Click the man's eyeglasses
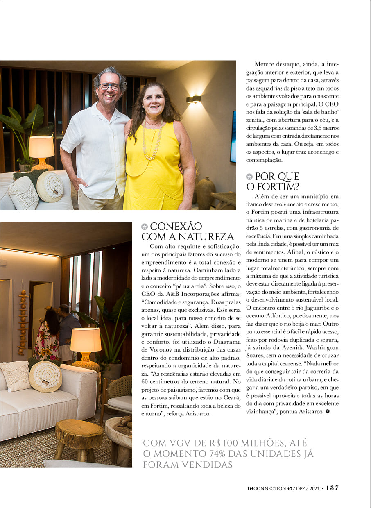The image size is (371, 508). click(x=109, y=86)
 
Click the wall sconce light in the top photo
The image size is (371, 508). click(x=194, y=99)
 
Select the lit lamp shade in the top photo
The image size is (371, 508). click(x=41, y=147)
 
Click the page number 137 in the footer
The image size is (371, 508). click(x=332, y=488)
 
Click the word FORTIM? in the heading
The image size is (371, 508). click(x=273, y=187)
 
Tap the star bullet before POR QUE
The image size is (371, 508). click(x=249, y=177)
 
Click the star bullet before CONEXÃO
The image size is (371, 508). click(x=144, y=227)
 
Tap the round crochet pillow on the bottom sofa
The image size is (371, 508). click(x=45, y=376)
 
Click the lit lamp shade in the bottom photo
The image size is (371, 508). click(x=86, y=340)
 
